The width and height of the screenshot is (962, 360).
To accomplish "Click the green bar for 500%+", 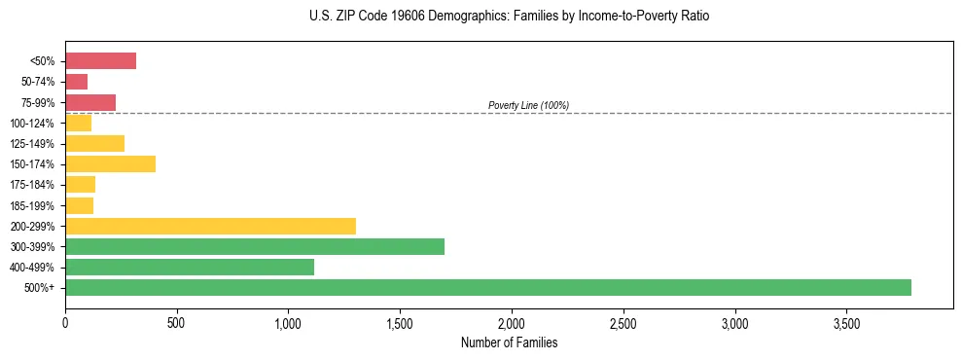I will click(x=488, y=287).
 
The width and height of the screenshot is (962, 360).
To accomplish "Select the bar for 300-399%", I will click(x=255, y=246).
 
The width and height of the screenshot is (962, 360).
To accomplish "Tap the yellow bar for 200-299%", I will click(x=210, y=226).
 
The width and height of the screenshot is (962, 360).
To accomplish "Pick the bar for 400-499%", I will click(x=190, y=267).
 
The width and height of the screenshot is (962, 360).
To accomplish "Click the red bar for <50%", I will click(x=100, y=61).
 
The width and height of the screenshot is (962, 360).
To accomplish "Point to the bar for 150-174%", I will click(x=110, y=163).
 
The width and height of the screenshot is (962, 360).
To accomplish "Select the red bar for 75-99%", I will click(x=90, y=102).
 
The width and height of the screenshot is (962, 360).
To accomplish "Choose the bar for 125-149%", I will click(x=94, y=143).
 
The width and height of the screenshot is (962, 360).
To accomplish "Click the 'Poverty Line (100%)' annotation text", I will click(x=528, y=105).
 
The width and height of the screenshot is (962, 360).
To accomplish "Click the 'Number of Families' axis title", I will click(x=510, y=342).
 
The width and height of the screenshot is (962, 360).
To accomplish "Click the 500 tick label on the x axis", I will click(x=176, y=322).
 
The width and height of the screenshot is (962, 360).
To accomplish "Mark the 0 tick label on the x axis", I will click(x=65, y=322).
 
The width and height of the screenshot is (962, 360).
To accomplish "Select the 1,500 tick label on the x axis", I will click(x=400, y=322).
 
